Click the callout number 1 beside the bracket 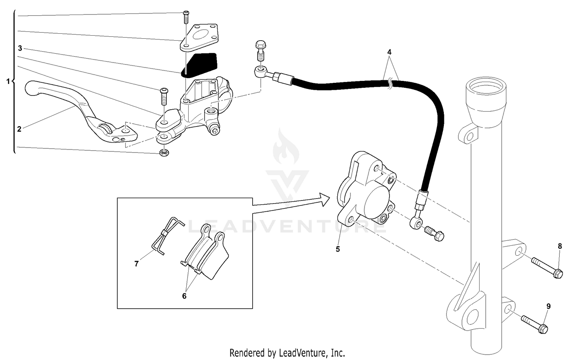pos(8,82)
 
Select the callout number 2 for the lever pos(20,129)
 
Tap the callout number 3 pos(20,48)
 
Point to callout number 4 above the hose pos(389,51)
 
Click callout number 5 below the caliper pos(338,249)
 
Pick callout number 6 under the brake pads pos(184,296)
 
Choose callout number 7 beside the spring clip pos(136,264)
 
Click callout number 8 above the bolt pos(560,246)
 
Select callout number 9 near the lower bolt pos(549,306)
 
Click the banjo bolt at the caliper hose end pos(434,233)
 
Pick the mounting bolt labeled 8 pos(547,268)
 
